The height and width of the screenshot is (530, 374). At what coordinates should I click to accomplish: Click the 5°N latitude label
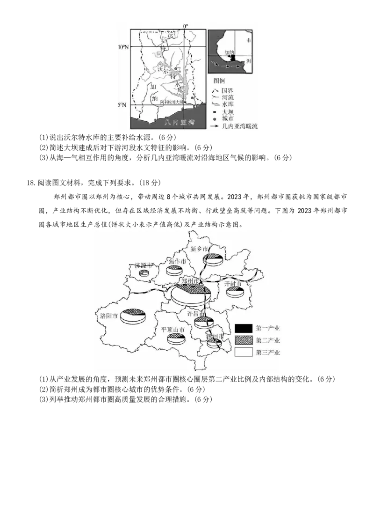(122, 105)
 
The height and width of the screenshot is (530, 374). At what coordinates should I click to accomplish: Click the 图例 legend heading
(219, 81)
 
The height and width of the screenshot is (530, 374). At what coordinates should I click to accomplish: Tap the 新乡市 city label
(199, 249)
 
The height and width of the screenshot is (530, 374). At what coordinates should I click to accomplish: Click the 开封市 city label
(232, 284)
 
